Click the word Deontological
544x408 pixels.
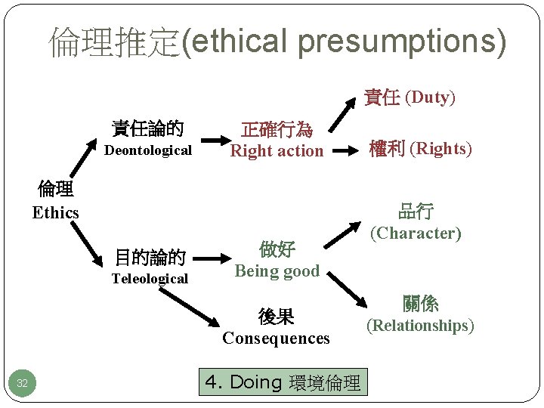(148, 150)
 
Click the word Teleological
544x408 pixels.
(150, 279)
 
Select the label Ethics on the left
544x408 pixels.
(55, 212)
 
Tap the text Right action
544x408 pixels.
(277, 151)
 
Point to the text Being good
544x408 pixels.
(277, 270)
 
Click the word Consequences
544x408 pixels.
(276, 338)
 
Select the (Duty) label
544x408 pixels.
(430, 97)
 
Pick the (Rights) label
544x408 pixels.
(440, 149)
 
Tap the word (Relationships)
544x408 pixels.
(420, 326)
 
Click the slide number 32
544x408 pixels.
(22, 384)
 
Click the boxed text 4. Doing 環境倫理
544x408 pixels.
(283, 382)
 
